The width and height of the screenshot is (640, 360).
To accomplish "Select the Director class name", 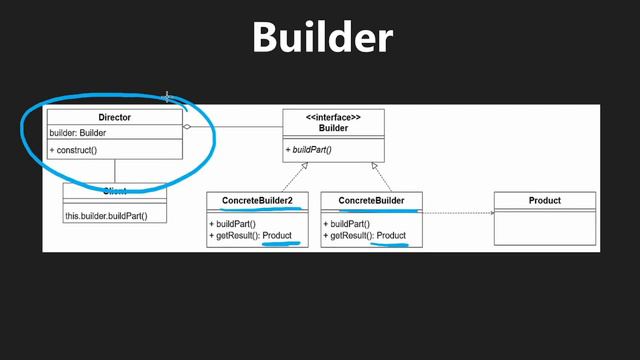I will [x=114, y=118].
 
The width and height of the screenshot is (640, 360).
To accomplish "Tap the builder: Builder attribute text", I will [x=78, y=133].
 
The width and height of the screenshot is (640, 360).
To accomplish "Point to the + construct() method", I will [x=73, y=150].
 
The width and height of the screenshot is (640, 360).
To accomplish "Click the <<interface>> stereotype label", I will [x=333, y=118].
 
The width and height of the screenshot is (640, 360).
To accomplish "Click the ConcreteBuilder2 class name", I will [x=257, y=201].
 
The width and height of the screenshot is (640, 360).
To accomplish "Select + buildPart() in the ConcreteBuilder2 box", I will [x=234, y=224].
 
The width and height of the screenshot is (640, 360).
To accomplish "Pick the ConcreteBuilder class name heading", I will [x=371, y=201].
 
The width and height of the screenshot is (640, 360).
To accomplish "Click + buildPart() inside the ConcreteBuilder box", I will [x=347, y=224].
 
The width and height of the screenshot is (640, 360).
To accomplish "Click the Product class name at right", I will [x=545, y=201].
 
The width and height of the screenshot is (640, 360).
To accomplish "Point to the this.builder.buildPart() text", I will [x=106, y=215].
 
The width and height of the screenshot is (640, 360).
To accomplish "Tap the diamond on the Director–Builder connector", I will [x=187, y=127].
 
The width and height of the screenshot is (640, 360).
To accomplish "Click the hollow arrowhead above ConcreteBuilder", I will [x=373, y=166].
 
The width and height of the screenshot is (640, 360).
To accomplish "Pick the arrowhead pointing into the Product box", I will [x=492, y=211].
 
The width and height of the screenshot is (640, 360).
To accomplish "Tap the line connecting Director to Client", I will [x=114, y=171].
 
